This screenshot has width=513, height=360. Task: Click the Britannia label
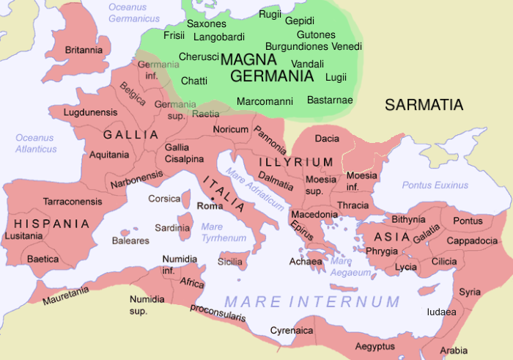(x=83, y=50)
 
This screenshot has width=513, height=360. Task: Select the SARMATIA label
(x=424, y=106)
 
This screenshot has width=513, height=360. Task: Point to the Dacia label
(x=326, y=138)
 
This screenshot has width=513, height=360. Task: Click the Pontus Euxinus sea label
(x=435, y=185)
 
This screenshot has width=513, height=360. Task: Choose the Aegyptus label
(x=374, y=345)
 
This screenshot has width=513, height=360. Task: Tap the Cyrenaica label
(x=292, y=331)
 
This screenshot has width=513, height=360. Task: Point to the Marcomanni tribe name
(x=265, y=101)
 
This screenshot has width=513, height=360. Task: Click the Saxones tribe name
(x=207, y=23)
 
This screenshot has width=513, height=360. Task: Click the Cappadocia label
(x=473, y=240)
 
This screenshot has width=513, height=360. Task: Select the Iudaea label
(x=442, y=312)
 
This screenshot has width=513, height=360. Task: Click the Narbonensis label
(x=137, y=180)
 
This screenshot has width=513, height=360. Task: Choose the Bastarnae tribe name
(x=330, y=100)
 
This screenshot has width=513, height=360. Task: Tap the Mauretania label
(x=66, y=295)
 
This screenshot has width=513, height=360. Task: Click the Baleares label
(x=130, y=240)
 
